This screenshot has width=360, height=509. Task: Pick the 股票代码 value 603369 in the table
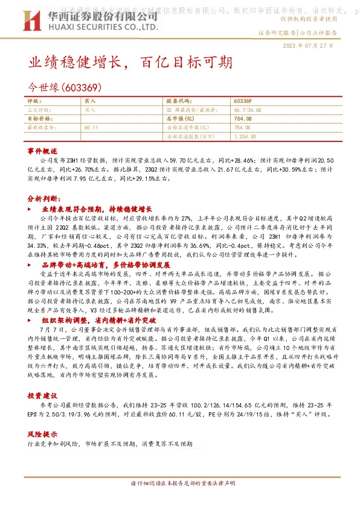tap(243, 100)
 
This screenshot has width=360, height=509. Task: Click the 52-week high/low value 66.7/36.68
tap(248, 110)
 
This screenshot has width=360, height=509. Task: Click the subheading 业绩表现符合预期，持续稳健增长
tap(96, 209)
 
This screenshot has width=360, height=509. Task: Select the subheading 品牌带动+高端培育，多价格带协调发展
tap(106, 265)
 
